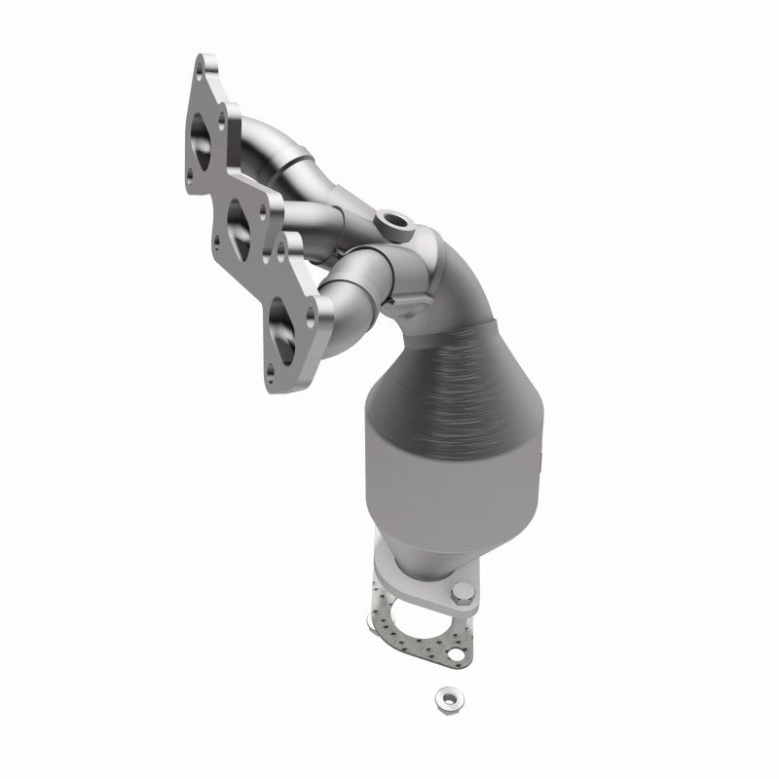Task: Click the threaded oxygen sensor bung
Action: (x=397, y=223)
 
